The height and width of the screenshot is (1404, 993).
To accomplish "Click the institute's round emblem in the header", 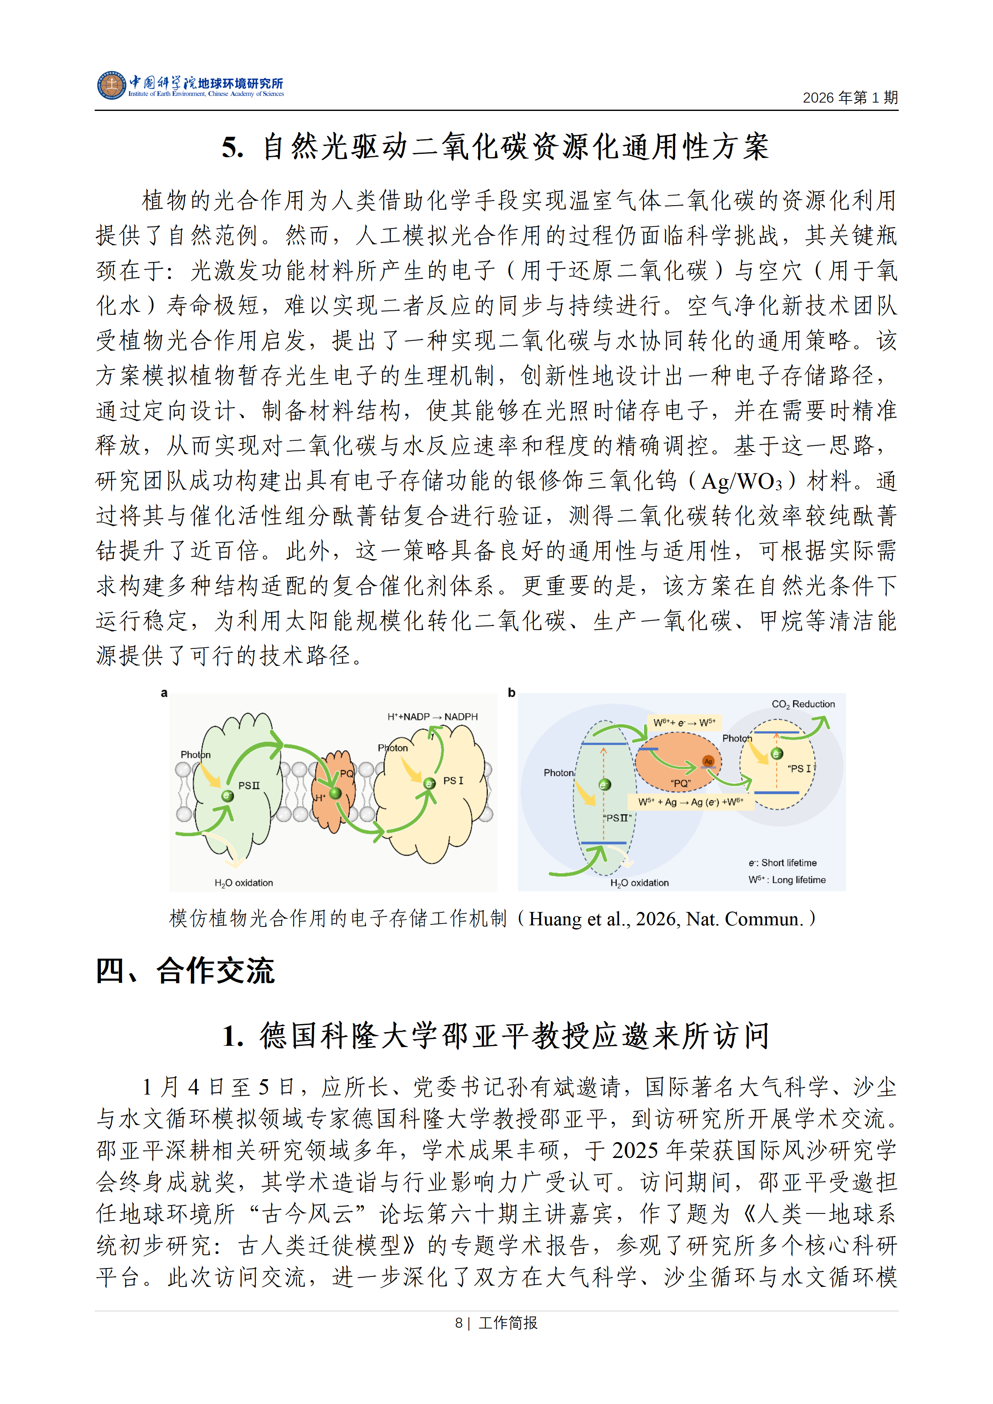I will [111, 85].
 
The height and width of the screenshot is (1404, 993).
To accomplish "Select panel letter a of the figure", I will [164, 693].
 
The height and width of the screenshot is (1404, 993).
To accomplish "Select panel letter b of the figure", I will [511, 693].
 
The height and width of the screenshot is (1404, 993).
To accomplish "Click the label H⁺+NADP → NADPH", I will [432, 717].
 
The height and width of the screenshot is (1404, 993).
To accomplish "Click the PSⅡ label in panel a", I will [249, 786].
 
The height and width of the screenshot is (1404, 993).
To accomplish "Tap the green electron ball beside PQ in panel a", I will [334, 793].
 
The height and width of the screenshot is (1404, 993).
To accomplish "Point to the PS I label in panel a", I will [453, 781].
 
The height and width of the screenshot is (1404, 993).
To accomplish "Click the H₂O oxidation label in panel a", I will [244, 883].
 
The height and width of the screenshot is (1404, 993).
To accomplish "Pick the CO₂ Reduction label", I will [803, 704].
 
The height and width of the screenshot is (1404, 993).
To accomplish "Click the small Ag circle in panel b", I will [708, 761].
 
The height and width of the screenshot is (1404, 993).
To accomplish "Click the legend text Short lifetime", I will [788, 863].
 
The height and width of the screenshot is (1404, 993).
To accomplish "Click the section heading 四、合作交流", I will [185, 971].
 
